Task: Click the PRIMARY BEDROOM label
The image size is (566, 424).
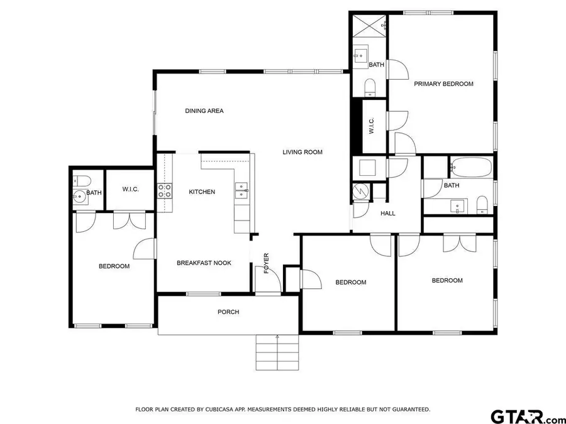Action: pyautogui.click(x=443, y=84)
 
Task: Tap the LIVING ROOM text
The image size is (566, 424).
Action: pyautogui.click(x=302, y=152)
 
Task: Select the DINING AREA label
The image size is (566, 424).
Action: pyautogui.click(x=204, y=111)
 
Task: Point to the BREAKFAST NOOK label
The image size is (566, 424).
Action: pyautogui.click(x=203, y=263)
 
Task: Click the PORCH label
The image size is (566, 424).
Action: pyautogui.click(x=228, y=312)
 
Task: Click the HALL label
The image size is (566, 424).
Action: pyautogui.click(x=388, y=214)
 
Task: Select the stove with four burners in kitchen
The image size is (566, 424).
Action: pyautogui.click(x=164, y=190)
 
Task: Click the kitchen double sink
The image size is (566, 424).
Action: pyautogui.click(x=241, y=190)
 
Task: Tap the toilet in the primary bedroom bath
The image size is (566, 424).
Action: pyautogui.click(x=370, y=87)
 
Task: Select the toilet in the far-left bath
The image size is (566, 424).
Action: pyautogui.click(x=79, y=180)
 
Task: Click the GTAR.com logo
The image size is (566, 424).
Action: pyautogui.click(x=528, y=416)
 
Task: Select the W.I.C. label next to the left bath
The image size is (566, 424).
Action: pyautogui.click(x=130, y=189)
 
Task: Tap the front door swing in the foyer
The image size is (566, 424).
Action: pyautogui.click(x=264, y=276)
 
